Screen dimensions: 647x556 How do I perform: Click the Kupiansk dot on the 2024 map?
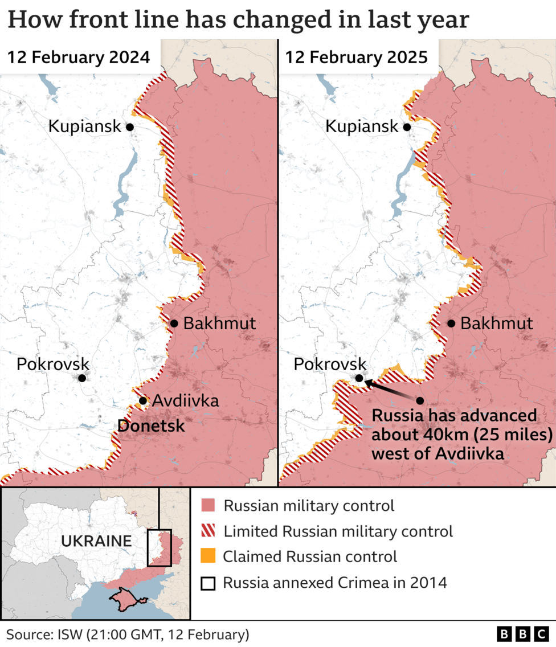pos(130,127)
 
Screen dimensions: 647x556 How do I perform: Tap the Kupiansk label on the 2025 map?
pos(362,126)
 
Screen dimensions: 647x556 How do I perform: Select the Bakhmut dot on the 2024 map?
pos(174,323)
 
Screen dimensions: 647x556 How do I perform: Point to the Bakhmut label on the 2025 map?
pos(496,323)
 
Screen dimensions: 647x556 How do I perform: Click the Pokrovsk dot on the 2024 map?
pos(82,378)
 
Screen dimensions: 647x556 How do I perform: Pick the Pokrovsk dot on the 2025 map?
pos(359,378)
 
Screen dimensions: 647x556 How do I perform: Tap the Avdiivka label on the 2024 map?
pos(185,400)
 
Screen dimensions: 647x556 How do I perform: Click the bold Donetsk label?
pos(151,425)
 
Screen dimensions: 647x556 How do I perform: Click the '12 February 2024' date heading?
pos(78,58)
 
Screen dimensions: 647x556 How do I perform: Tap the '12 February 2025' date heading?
pos(356,58)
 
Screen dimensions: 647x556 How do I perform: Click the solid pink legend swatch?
pos(208,505)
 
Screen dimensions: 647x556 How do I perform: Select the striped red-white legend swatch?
pos(208,531)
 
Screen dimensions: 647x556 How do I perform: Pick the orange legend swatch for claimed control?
pos(208,556)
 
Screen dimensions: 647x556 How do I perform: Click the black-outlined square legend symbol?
pos(208,583)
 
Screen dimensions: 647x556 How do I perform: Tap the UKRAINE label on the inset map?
pos(96,540)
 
